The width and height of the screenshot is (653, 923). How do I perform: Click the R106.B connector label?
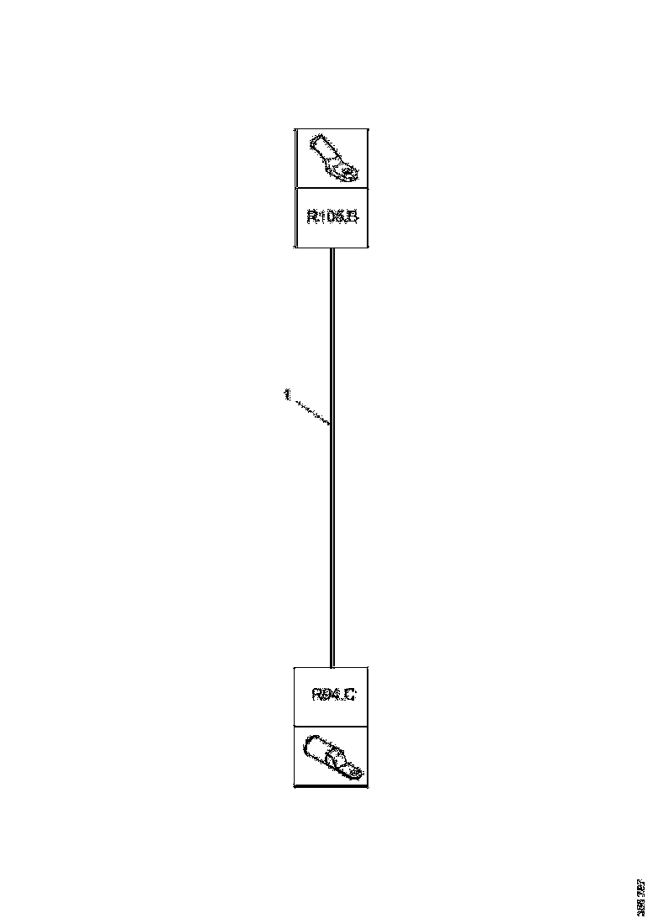[x=332, y=218]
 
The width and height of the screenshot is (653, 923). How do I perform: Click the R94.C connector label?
[x=334, y=695]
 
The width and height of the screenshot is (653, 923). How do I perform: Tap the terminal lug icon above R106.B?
[x=332, y=159]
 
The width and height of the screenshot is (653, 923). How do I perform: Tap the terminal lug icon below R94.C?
[x=332, y=756]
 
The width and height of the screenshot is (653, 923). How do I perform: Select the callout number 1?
[x=287, y=394]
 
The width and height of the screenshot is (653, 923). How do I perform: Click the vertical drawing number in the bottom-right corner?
[x=641, y=897]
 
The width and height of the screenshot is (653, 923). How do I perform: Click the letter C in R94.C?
[x=351, y=695]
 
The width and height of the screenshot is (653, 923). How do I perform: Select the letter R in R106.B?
[x=312, y=218]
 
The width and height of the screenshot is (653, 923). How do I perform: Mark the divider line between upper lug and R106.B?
[x=332, y=188]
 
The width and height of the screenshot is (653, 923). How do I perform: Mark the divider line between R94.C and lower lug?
[x=332, y=726]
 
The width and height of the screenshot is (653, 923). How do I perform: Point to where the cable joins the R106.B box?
[x=332, y=248]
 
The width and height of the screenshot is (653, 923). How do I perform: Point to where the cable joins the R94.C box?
[x=332, y=667]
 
